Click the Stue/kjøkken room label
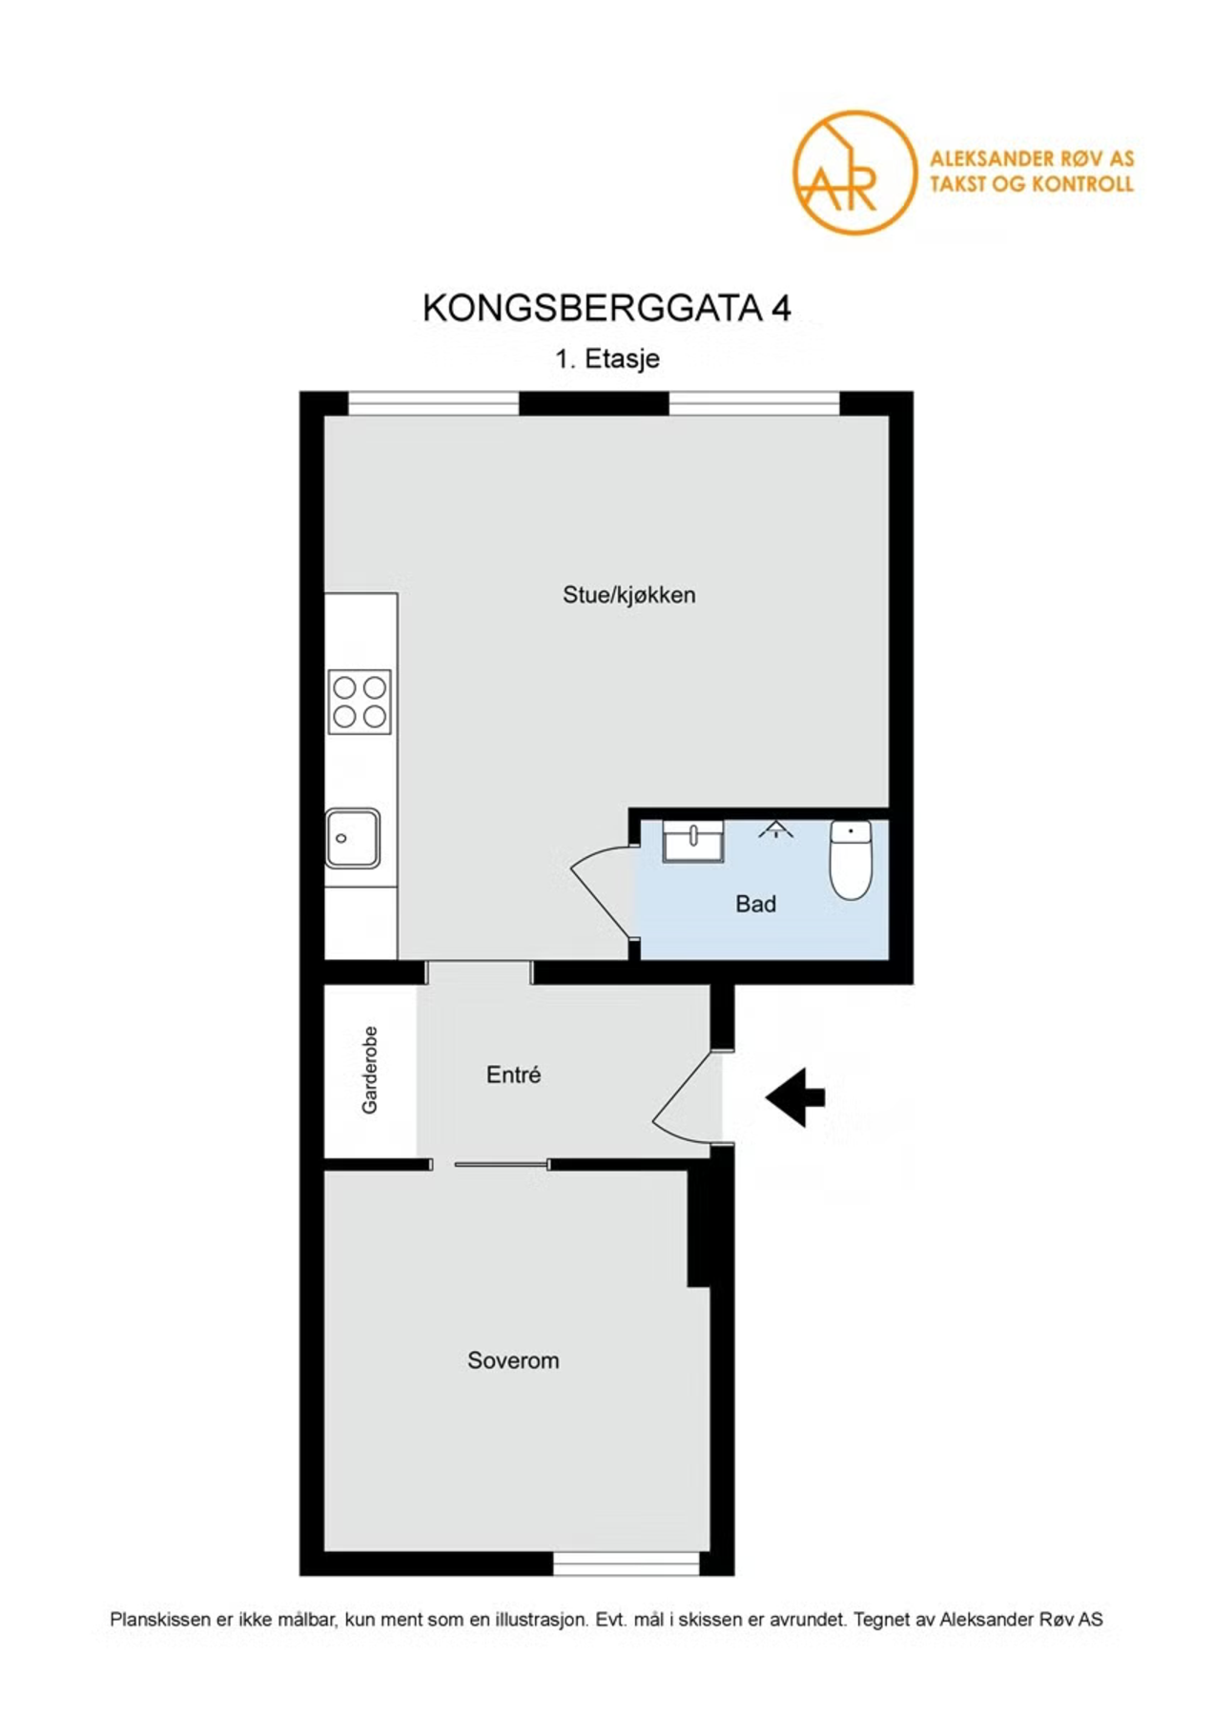pos(628,595)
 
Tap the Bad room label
pos(755,904)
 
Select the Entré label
pos(513,1074)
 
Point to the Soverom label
pos(513,1360)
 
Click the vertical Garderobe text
pos(370,1070)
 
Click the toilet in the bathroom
pos(850,860)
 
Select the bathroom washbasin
pos(692,840)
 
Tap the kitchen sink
pos(353,838)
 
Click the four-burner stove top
pos(360,702)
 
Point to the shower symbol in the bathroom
pos(776,828)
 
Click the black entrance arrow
pos(796,1097)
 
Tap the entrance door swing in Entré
pos(685,1096)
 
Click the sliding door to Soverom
pos(501,1164)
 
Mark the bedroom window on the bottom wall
pos(627,1563)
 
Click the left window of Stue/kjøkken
pos(433,403)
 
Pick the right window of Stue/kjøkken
pos(753,403)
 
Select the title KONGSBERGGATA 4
pos(606,308)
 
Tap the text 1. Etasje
pos(607,359)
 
